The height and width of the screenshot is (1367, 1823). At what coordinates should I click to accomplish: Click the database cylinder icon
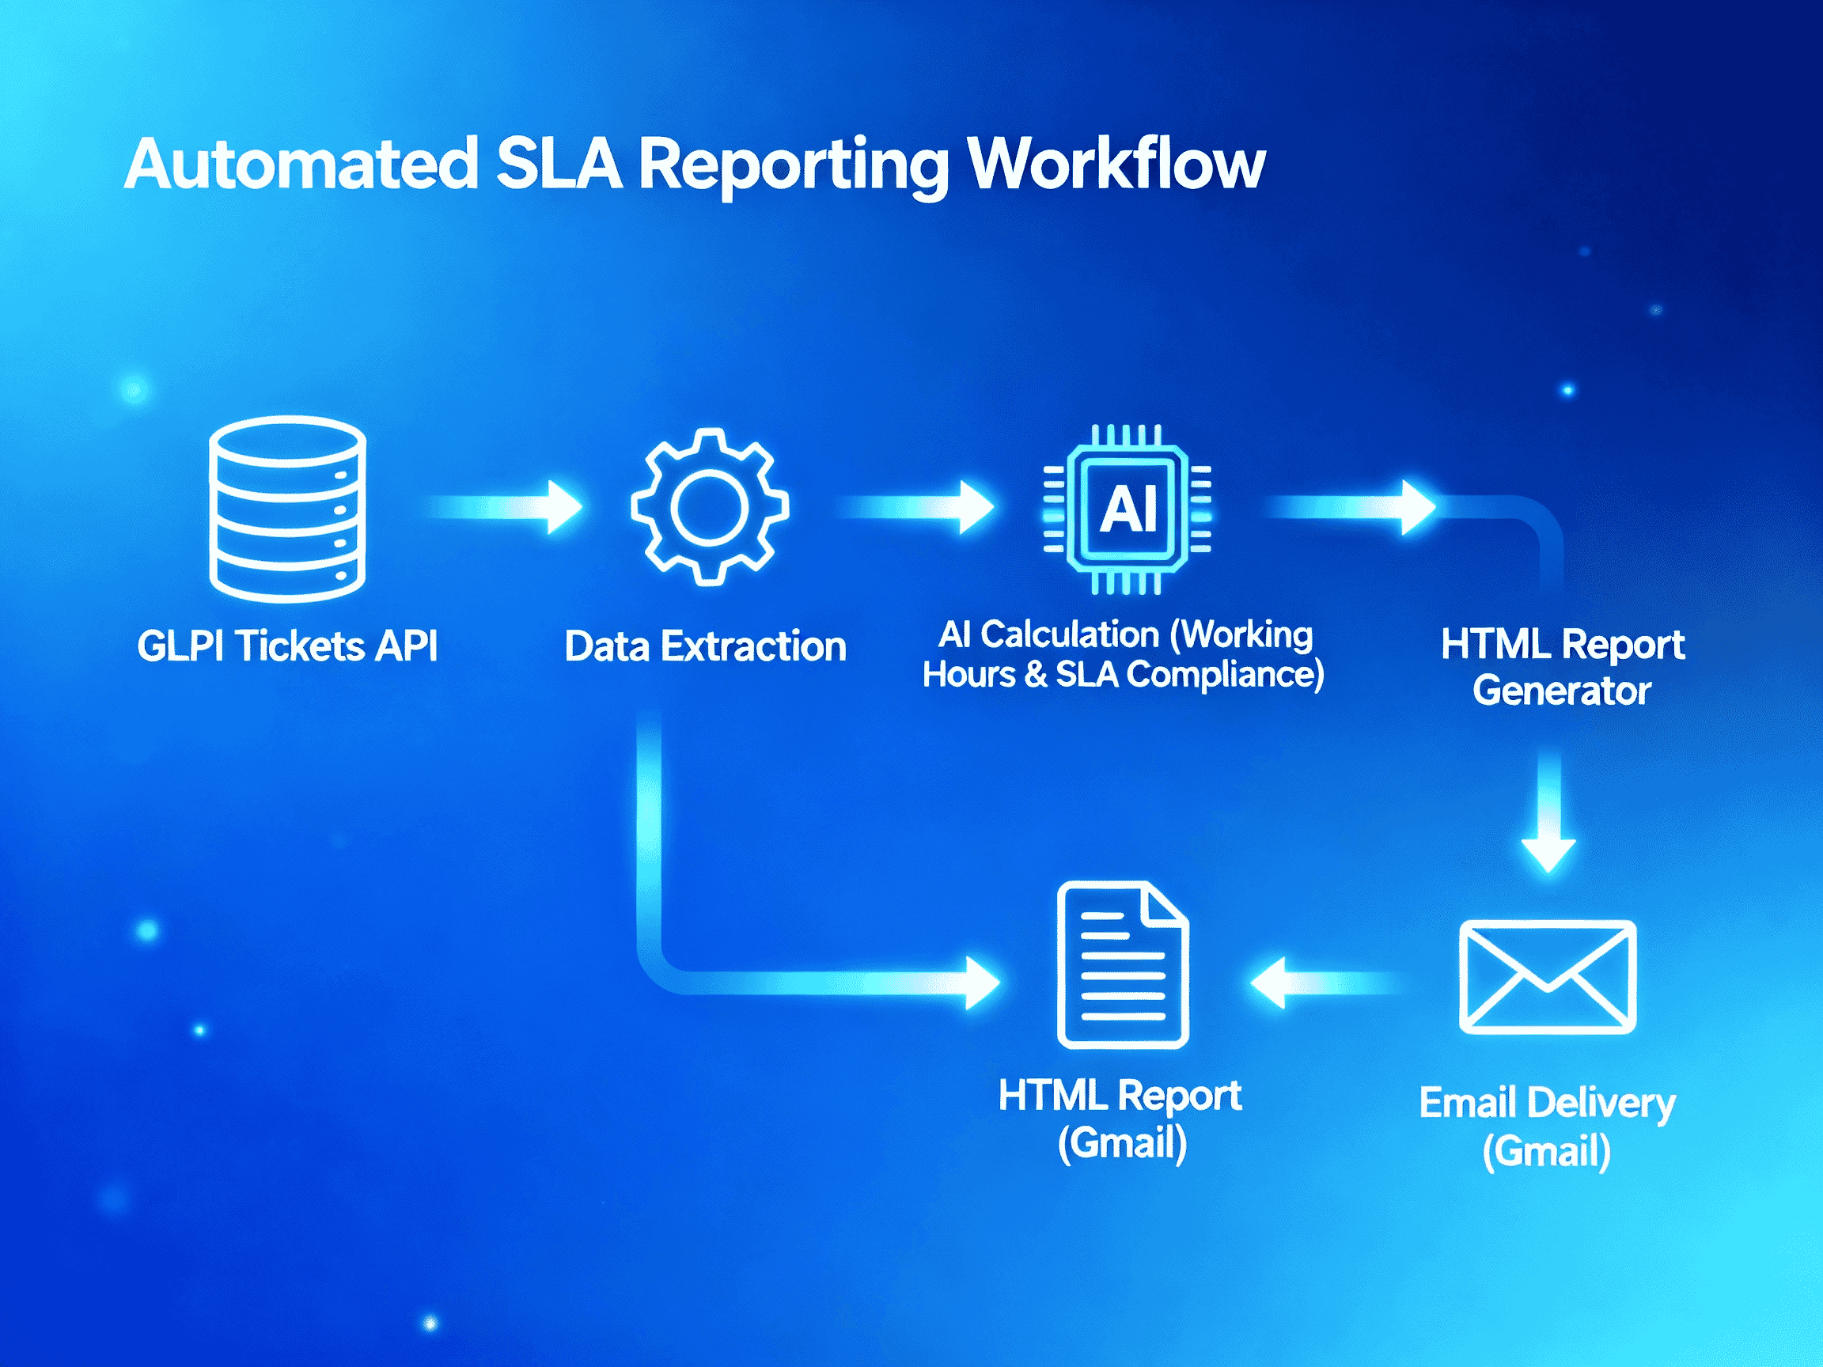[288, 509]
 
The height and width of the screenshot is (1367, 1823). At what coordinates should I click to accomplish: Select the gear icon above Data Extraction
[710, 507]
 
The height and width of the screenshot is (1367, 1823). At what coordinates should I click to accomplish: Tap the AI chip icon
[1127, 509]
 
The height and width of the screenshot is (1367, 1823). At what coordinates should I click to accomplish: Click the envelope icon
[1547, 976]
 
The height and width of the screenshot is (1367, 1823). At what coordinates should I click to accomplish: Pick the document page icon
[1122, 965]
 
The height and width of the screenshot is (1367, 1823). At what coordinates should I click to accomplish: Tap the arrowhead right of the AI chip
[1418, 507]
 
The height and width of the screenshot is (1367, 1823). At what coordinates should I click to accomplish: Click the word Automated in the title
[301, 165]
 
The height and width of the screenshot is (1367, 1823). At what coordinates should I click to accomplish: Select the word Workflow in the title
[1116, 165]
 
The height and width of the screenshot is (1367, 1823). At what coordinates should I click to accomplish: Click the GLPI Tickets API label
[286, 646]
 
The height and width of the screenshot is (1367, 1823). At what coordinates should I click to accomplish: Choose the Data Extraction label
[706, 647]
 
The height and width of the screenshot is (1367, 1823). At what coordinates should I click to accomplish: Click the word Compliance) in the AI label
[1225, 675]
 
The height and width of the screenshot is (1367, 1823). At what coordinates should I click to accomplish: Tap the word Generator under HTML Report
[1562, 691]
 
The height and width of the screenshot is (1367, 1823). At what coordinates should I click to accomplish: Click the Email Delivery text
[1547, 1103]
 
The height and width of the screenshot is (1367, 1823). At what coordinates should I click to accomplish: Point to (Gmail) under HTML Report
[1122, 1143]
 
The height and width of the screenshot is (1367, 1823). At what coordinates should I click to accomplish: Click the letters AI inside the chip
[1128, 509]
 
